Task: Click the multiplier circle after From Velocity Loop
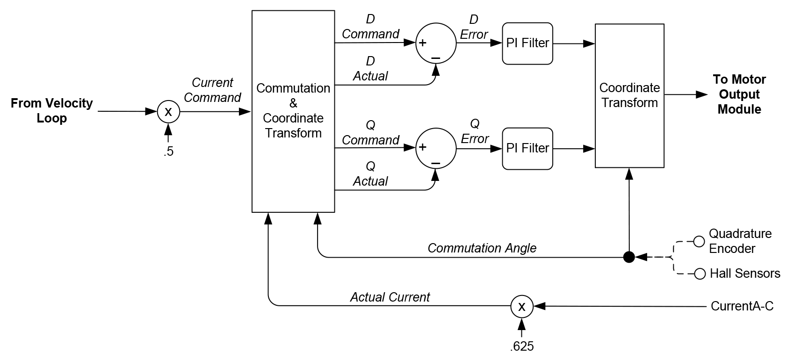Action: [x=168, y=112]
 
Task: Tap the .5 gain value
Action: [x=168, y=152]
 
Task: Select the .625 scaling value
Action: [x=522, y=346]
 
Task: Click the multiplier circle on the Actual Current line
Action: [x=521, y=307]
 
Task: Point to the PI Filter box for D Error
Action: [x=527, y=43]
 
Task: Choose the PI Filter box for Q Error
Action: [x=527, y=148]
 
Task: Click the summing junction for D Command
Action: [x=435, y=43]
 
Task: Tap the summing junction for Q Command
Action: [x=435, y=148]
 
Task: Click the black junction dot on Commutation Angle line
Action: [x=629, y=257]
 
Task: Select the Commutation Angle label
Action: [x=482, y=248]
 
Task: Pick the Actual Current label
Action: [x=390, y=297]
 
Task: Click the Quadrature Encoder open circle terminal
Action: [x=699, y=242]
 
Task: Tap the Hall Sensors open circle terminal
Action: [x=700, y=274]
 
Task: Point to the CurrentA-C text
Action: [x=742, y=306]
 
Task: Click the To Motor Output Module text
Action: [x=739, y=94]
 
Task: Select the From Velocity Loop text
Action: [x=52, y=110]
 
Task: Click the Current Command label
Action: [x=213, y=90]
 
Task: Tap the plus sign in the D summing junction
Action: [x=423, y=43]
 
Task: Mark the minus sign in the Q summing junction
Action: [x=436, y=163]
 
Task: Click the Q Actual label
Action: [x=370, y=174]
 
